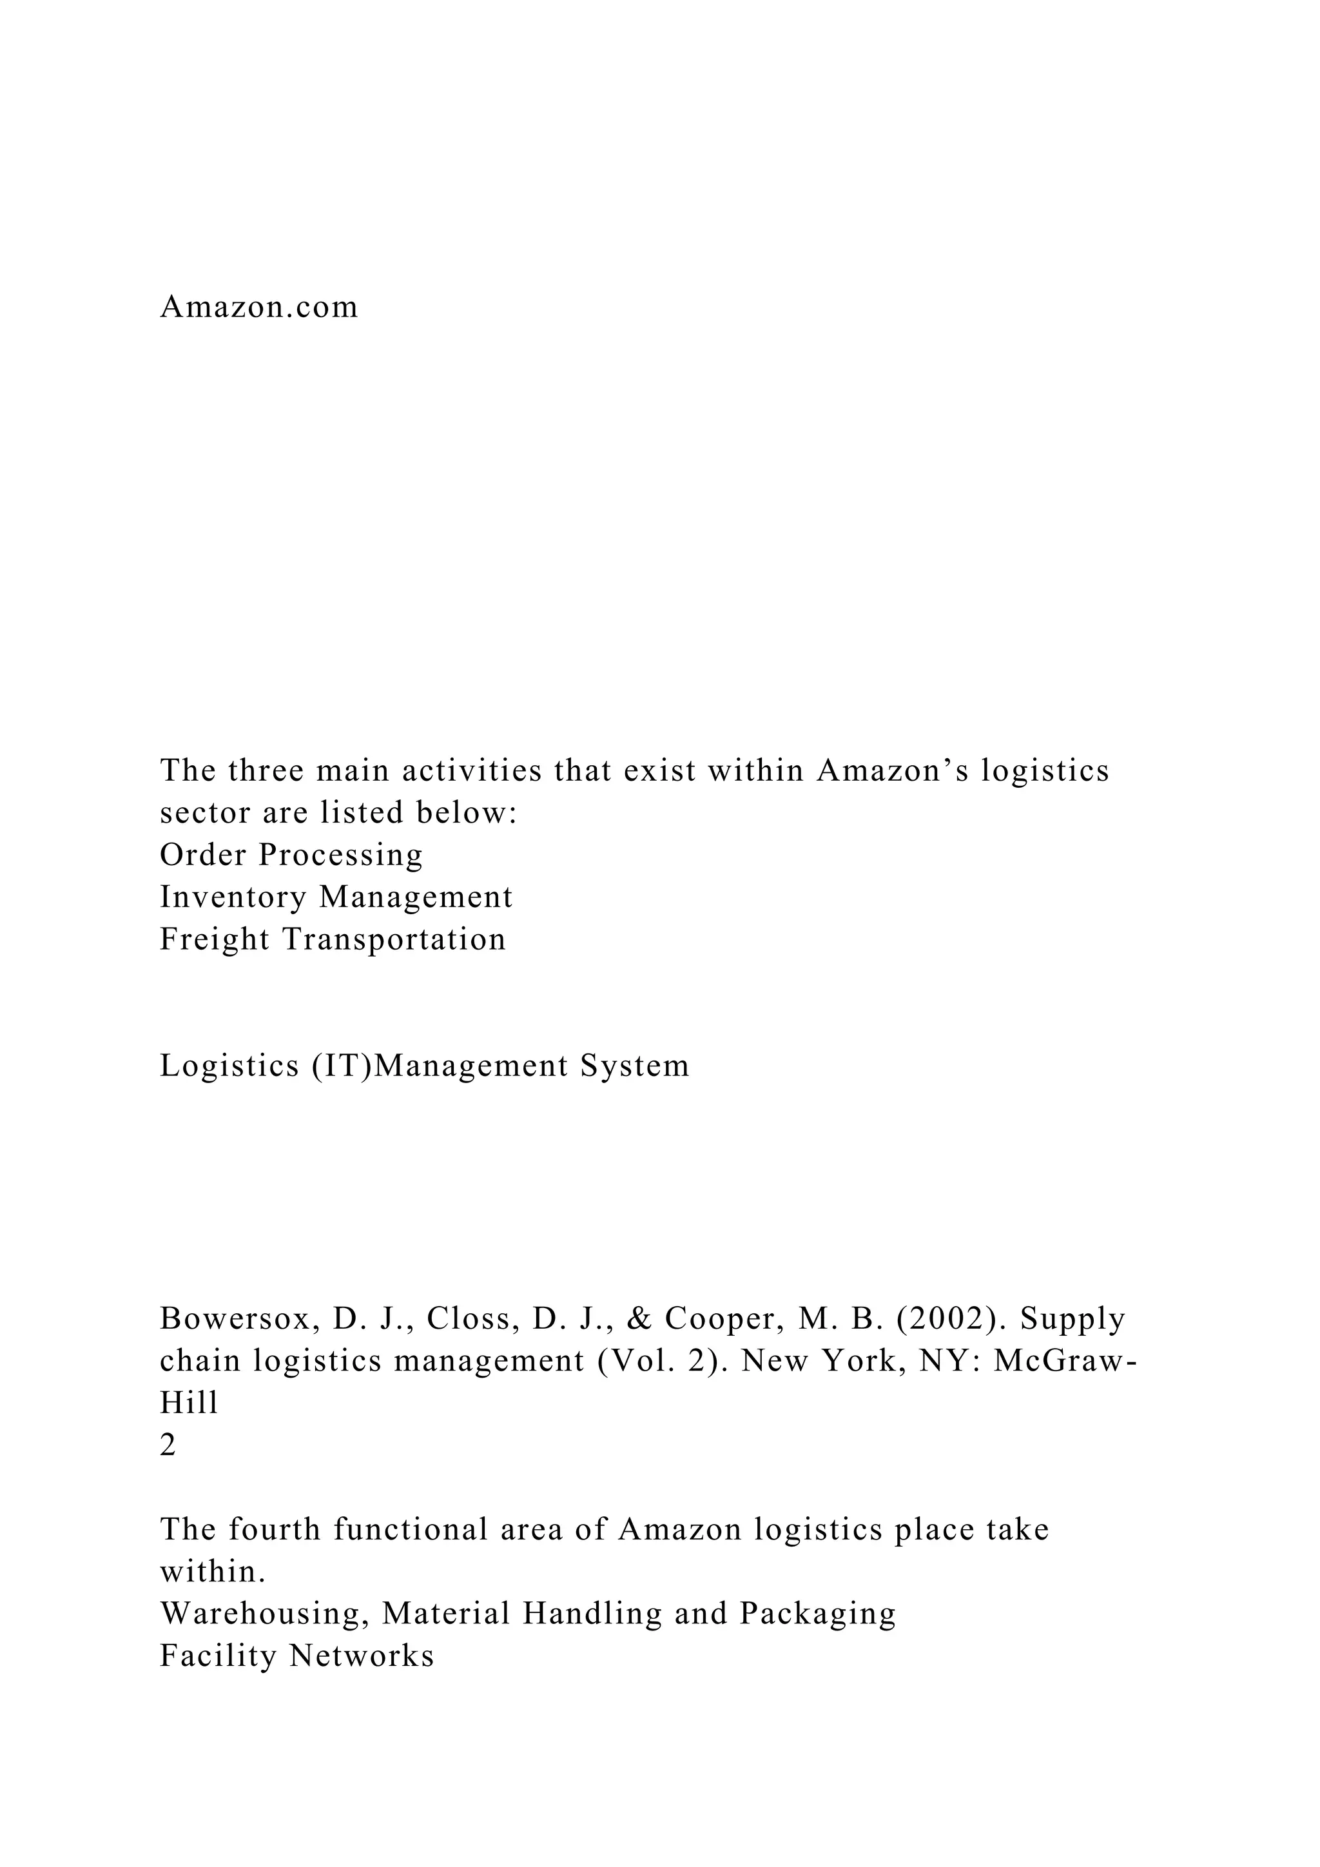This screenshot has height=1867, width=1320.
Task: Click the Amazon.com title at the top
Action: pos(258,308)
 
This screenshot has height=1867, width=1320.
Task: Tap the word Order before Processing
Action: pos(203,855)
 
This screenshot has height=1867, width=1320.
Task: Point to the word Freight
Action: pos(215,939)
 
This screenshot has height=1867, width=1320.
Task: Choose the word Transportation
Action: pos(394,939)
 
